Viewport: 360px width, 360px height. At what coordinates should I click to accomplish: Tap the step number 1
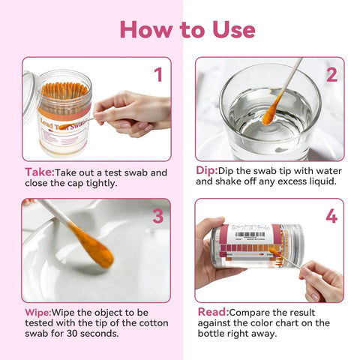click(157, 74)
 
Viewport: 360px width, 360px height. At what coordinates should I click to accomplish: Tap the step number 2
click(331, 74)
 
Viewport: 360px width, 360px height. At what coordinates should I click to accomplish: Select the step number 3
click(157, 216)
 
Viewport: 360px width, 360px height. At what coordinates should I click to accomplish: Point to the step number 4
click(331, 216)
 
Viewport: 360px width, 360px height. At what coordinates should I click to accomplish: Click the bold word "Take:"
click(38, 172)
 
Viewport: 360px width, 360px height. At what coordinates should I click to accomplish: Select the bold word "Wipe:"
click(39, 311)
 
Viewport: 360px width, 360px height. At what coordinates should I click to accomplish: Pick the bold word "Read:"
click(213, 311)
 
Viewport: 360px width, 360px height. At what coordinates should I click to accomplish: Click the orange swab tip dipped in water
click(270, 113)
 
